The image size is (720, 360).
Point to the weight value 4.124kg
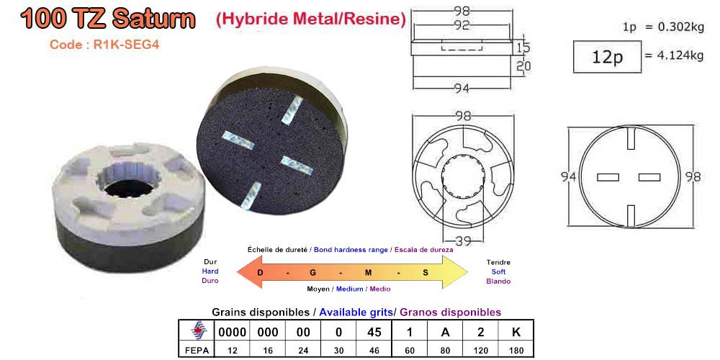click(x=680, y=55)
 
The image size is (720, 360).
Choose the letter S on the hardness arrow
click(x=425, y=272)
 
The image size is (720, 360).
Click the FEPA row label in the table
click(x=195, y=350)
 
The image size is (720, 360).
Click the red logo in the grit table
click(x=195, y=332)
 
